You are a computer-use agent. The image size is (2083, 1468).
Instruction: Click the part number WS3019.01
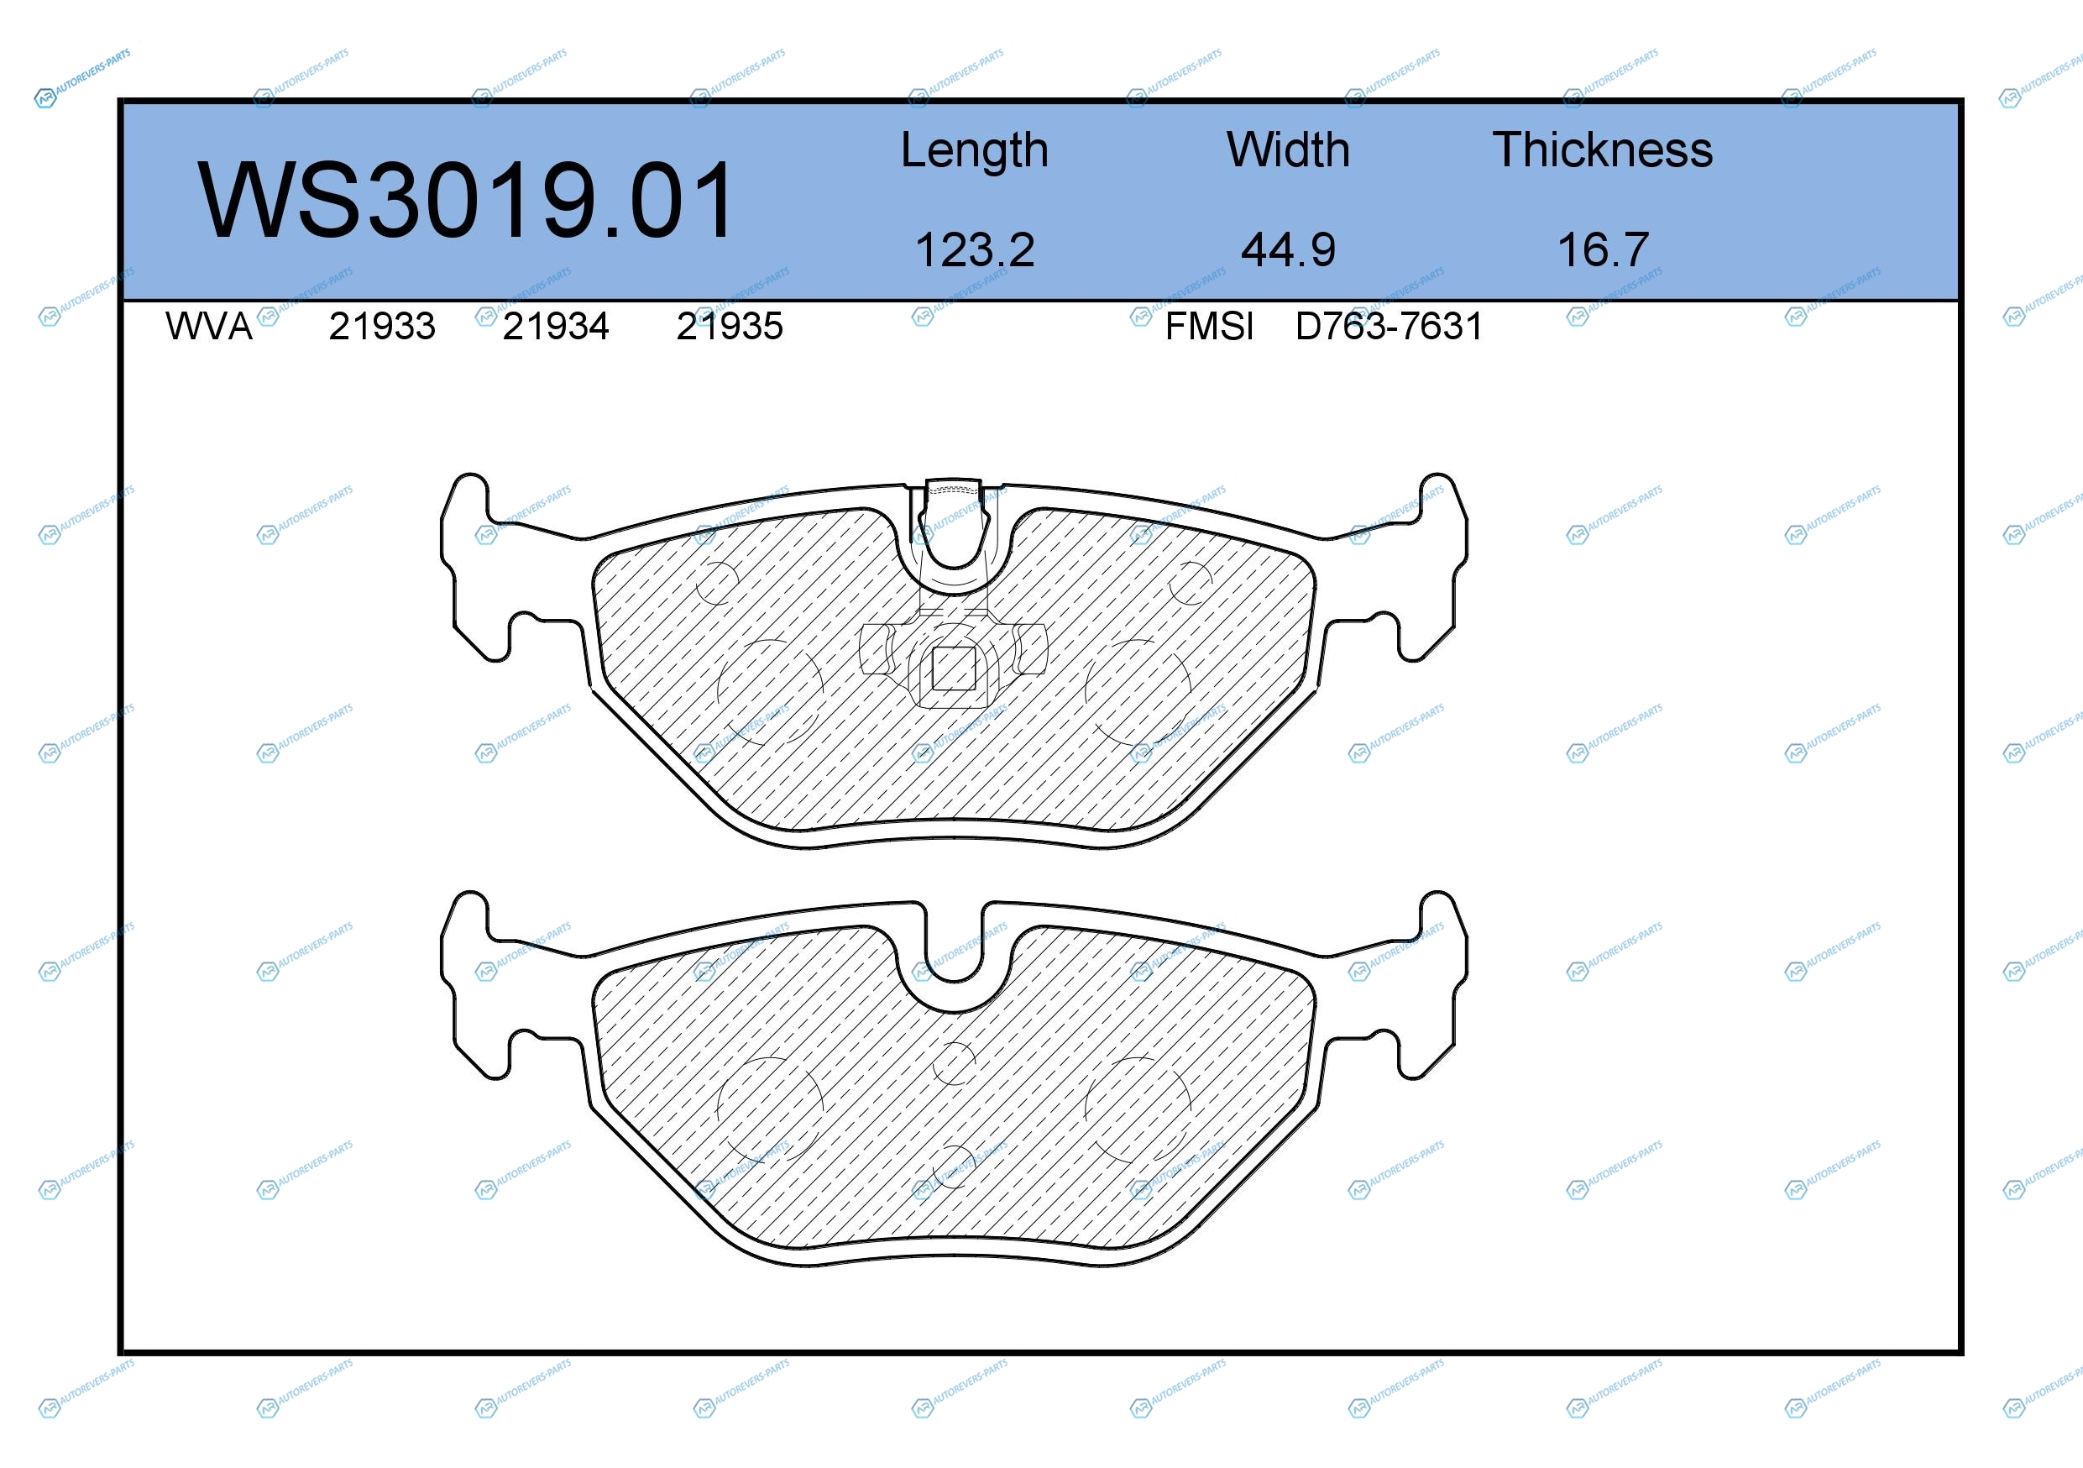tap(466, 201)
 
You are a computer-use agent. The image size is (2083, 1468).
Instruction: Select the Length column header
tap(975, 151)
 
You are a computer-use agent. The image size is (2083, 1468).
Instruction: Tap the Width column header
tap(1288, 149)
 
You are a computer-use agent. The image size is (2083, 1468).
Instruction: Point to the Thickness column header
tap(1602, 149)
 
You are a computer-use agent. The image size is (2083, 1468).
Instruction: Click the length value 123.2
tap(975, 250)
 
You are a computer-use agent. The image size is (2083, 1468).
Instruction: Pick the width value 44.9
tap(1288, 250)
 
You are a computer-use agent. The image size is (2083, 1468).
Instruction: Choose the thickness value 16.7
tap(1602, 250)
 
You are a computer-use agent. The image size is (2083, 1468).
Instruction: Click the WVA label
tap(209, 327)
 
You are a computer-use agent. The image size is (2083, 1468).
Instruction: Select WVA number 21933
tap(382, 327)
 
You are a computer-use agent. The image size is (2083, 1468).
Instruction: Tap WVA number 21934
tap(555, 327)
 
